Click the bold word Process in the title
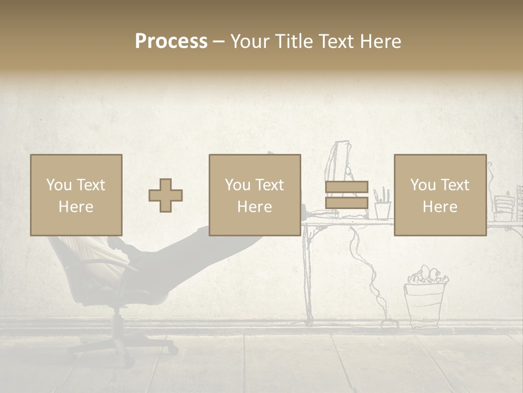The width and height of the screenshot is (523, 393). (x=171, y=41)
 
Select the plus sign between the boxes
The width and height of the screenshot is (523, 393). (x=166, y=195)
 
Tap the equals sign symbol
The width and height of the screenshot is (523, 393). (x=346, y=195)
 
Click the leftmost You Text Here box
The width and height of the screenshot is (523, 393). (x=76, y=195)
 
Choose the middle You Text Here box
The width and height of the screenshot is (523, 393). (x=255, y=195)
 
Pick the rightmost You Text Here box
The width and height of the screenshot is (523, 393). (x=440, y=195)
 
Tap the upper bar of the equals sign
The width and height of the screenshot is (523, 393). (x=346, y=187)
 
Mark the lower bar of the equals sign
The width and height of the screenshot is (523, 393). (x=346, y=203)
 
